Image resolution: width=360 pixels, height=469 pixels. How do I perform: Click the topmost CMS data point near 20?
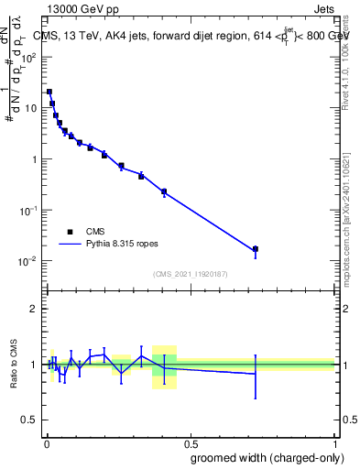coord(49,92)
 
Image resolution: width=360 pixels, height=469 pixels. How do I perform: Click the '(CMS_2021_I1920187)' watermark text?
coord(190,272)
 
